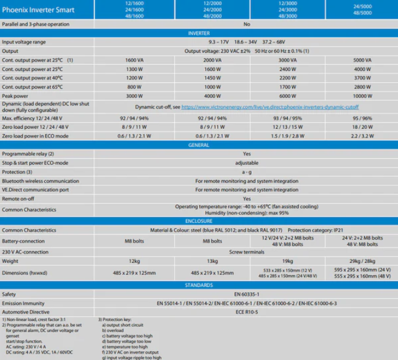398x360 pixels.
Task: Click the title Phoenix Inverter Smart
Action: click(39, 9)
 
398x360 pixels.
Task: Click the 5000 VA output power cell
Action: click(362, 60)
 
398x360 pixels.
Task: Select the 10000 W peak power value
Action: click(362, 95)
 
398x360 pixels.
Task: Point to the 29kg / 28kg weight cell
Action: click(362, 261)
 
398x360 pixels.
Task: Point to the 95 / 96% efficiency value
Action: click(362, 119)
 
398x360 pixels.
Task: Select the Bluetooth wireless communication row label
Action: click(40, 180)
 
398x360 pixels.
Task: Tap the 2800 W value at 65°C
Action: click(362, 87)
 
